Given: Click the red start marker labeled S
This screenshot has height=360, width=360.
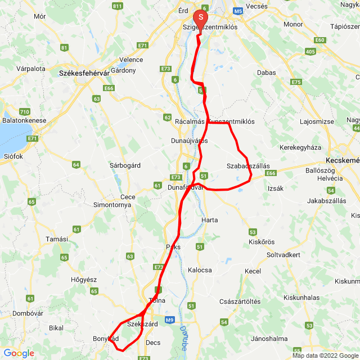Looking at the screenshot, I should pyautogui.click(x=201, y=19).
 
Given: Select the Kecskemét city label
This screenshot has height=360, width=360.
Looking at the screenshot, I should pyautogui.click(x=342, y=159).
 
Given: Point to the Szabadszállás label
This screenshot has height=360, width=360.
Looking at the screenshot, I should pyautogui.click(x=248, y=166).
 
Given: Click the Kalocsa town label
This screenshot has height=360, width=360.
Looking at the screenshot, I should pyautogui.click(x=200, y=270).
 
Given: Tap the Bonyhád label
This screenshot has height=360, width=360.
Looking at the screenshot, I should pyautogui.click(x=106, y=339).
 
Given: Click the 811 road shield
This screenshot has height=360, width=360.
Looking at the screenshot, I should pyautogui.click(x=117, y=6).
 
